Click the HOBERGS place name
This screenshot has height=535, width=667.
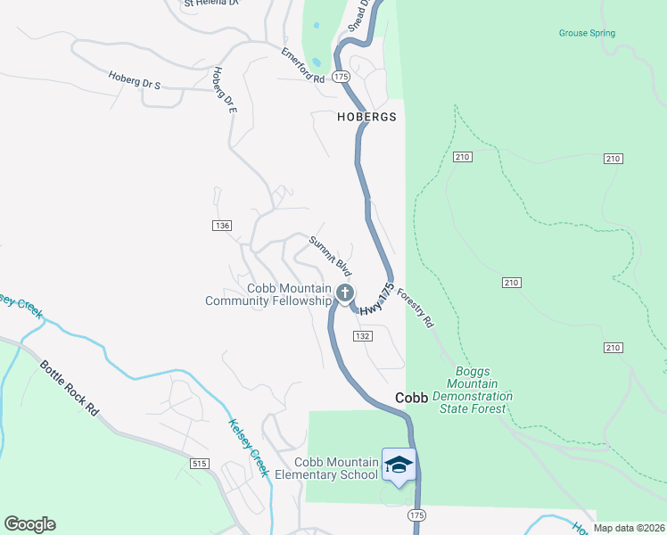366,117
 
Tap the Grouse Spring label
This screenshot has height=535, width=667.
587,34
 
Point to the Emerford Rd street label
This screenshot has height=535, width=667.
303,65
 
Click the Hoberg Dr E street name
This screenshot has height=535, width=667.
224,92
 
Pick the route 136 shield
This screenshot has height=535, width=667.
222,226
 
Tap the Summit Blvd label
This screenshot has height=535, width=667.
331,254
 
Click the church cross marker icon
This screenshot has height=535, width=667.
345,292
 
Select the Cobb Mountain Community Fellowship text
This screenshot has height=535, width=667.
268,295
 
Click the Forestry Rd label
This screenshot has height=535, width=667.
415,308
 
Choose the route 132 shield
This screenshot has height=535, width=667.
361,335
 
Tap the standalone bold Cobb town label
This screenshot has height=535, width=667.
412,399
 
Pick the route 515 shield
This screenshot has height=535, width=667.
199,464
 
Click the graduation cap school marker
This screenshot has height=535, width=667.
399,465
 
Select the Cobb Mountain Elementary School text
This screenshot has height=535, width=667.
337,468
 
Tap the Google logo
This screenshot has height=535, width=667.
29,524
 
